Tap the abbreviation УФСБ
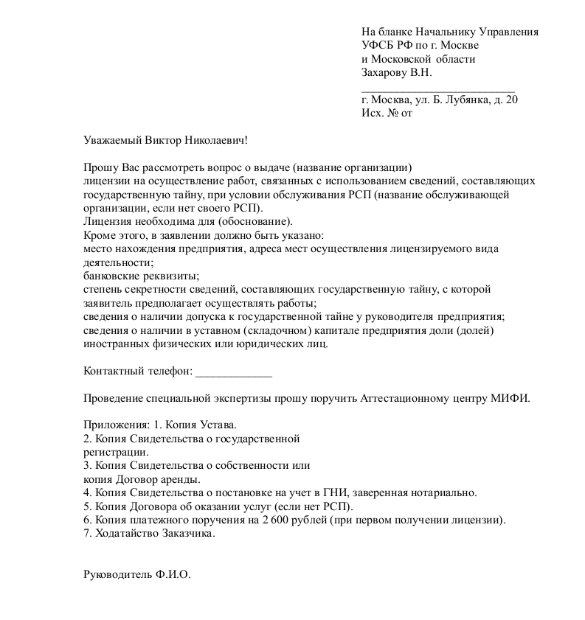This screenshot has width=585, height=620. [378, 46]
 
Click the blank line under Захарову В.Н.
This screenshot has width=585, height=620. [438, 87]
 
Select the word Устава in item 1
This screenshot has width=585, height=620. [215, 425]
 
